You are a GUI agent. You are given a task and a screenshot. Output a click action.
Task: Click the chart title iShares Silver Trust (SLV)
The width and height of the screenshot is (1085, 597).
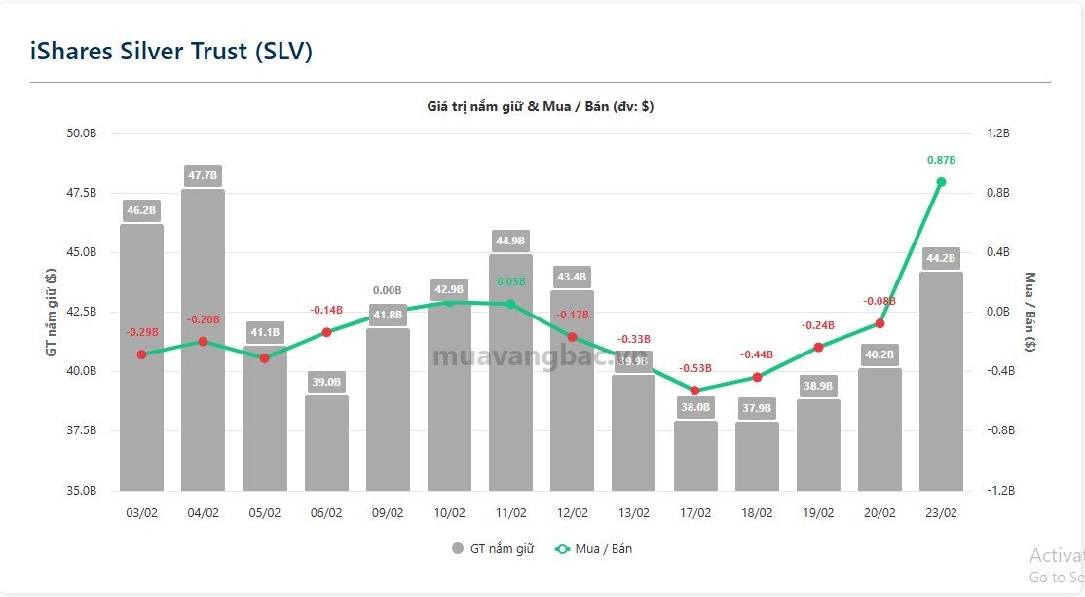pos(170,51)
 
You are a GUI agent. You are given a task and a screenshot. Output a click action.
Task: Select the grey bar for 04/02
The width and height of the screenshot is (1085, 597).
pos(203,341)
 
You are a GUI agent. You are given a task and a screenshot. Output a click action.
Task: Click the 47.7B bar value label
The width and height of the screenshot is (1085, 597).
pos(203,175)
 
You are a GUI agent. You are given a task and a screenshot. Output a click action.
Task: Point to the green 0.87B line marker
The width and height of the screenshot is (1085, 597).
pos(941,182)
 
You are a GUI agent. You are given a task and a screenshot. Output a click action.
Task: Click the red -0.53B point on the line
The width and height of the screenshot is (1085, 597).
pos(695,391)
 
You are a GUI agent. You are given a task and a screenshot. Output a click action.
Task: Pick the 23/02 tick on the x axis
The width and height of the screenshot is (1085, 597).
pos(941,513)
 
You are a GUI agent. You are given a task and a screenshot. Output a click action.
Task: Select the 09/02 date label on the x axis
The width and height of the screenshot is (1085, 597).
pos(388,513)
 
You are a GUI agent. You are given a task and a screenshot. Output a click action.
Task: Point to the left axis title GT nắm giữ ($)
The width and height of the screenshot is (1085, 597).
pos(51,311)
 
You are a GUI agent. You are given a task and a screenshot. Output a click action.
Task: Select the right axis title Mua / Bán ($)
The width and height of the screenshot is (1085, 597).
pos(1030,311)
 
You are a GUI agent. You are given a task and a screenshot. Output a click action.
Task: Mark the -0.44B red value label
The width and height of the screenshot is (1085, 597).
pos(757,354)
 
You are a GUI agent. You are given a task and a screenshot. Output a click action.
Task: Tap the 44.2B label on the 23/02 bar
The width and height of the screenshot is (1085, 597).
pos(941,258)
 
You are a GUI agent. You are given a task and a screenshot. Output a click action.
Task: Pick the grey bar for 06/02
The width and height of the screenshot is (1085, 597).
pos(326,443)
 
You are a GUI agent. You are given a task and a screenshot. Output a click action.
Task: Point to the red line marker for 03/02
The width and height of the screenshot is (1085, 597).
pos(141,354)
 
